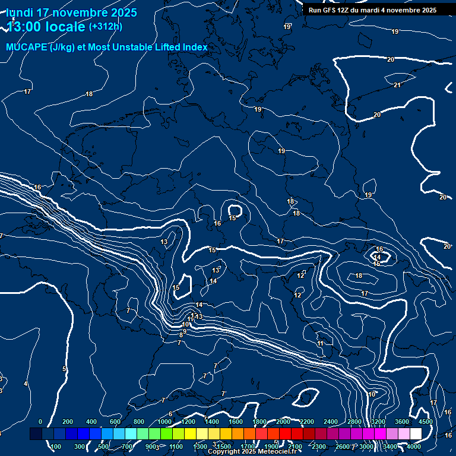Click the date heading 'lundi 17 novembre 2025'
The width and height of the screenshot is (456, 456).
(71, 12)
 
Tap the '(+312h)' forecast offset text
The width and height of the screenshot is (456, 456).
(106, 26)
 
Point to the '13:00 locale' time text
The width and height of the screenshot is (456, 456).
(46, 27)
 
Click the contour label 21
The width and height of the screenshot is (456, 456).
(397, 85)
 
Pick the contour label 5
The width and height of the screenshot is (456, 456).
(64, 369)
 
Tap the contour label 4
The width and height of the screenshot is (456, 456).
(26, 384)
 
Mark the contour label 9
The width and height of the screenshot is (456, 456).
(185, 331)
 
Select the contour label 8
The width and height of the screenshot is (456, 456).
(180, 335)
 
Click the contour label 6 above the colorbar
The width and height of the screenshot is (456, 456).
(170, 414)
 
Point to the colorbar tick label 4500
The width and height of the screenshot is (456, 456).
(425, 422)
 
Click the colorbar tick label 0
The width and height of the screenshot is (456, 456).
(40, 422)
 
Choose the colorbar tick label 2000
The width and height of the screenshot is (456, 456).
(283, 422)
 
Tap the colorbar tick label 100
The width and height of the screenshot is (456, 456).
(56, 446)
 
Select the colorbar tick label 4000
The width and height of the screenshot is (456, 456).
(414, 446)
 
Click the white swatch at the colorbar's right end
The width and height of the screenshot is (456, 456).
(416, 434)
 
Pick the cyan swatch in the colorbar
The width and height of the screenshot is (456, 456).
(131, 434)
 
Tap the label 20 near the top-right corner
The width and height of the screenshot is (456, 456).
(390, 59)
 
